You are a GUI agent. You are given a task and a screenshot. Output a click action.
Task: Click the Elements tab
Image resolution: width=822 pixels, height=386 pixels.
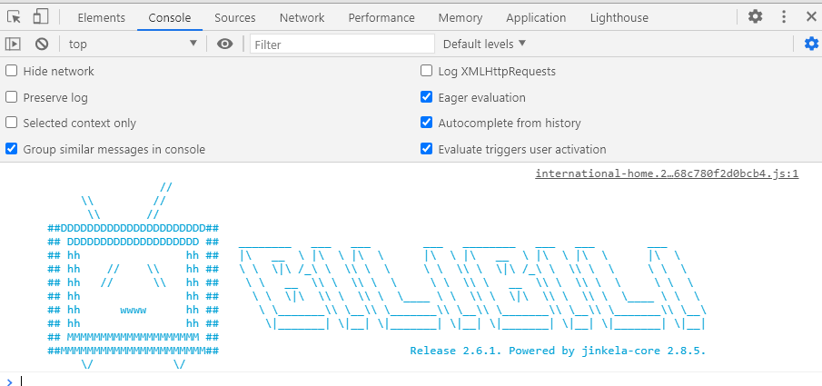(x=101, y=18)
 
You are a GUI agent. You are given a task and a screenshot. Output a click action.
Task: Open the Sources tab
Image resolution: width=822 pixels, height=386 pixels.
(x=235, y=18)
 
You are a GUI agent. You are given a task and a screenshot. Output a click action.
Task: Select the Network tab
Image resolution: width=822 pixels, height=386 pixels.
(x=302, y=18)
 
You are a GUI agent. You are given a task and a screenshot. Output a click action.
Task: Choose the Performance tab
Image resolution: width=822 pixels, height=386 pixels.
(x=381, y=18)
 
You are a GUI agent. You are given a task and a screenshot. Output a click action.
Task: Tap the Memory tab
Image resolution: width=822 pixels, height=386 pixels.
(x=461, y=18)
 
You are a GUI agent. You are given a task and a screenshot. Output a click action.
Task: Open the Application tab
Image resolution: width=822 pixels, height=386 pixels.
(x=536, y=18)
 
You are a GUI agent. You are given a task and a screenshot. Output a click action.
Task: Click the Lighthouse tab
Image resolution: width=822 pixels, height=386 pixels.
(x=619, y=18)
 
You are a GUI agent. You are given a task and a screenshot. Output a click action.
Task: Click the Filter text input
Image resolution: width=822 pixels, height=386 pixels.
(x=342, y=45)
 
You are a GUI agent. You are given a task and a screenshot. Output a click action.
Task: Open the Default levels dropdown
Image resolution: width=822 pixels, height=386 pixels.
(x=484, y=45)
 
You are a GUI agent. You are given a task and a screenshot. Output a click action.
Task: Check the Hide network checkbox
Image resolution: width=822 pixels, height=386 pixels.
(x=11, y=71)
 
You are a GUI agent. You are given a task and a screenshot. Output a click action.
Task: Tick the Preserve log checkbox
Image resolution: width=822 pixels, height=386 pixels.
(x=11, y=97)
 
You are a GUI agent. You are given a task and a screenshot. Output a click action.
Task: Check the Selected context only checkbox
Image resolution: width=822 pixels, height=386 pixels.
(x=11, y=123)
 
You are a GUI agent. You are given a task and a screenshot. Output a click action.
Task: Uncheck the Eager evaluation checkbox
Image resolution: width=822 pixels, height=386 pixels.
(x=426, y=97)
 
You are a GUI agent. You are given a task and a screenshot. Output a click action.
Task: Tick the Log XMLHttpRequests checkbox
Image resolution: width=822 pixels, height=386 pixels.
(x=426, y=71)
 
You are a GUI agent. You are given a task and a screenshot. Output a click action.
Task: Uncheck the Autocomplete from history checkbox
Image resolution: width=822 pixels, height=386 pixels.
(x=426, y=123)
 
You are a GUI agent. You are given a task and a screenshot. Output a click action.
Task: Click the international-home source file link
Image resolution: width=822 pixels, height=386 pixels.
(x=667, y=173)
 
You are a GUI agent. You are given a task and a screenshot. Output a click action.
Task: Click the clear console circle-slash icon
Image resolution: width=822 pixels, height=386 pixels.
(x=42, y=45)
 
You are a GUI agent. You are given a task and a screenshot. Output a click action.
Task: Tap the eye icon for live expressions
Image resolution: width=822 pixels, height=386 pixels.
(x=225, y=45)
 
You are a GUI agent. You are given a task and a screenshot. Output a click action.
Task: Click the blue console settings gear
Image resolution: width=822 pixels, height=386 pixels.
(x=811, y=44)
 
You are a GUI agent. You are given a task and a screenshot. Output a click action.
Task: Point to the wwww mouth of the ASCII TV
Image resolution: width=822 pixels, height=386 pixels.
(x=134, y=310)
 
